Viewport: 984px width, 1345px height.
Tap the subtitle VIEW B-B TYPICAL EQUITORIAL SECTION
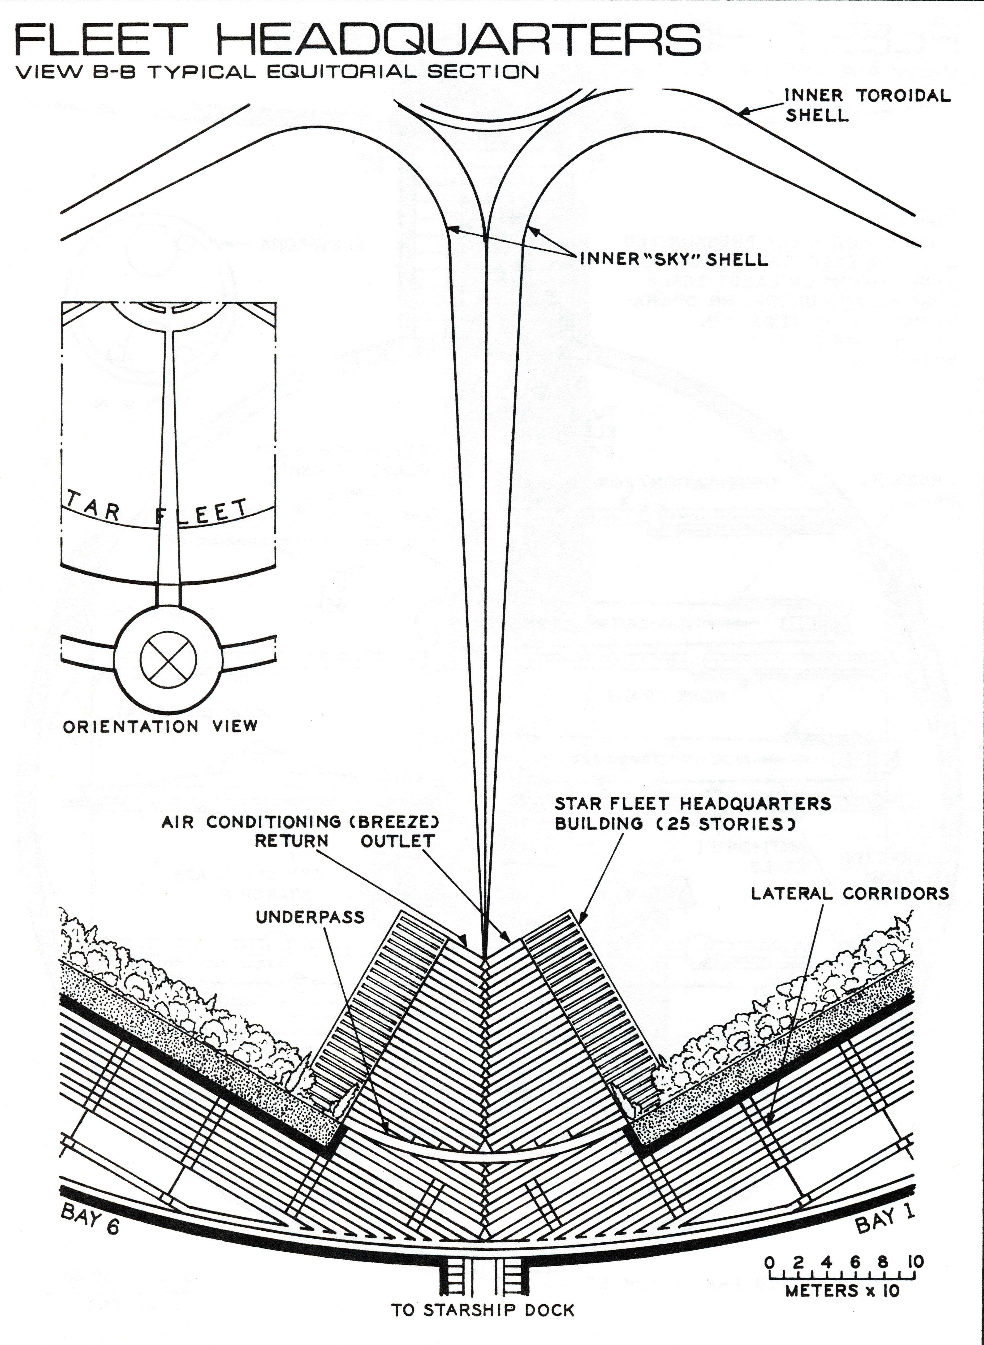[277, 72]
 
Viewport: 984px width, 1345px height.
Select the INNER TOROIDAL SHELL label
[867, 104]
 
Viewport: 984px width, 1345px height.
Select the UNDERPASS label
[310, 917]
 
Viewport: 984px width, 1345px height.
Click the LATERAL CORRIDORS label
[849, 894]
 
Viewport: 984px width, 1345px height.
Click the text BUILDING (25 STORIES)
[675, 824]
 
